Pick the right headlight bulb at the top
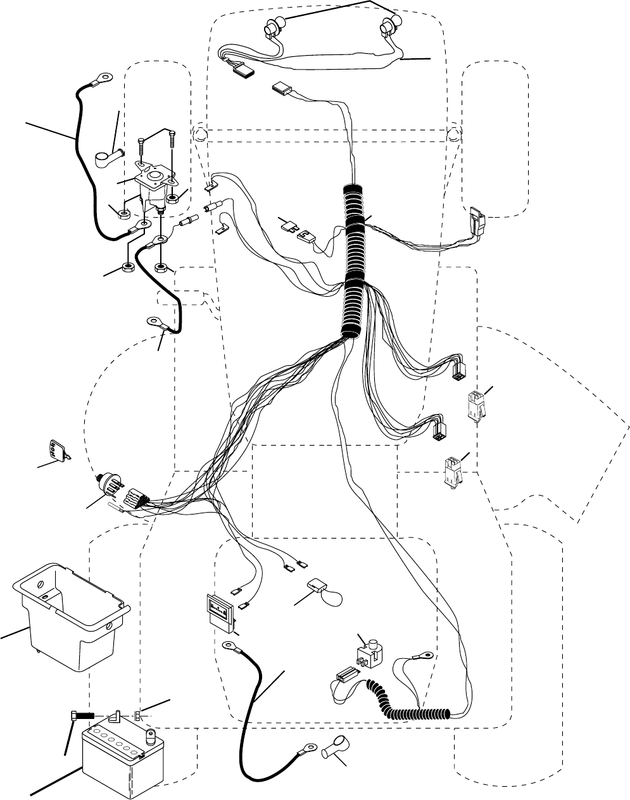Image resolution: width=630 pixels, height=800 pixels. tap(387, 28)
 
